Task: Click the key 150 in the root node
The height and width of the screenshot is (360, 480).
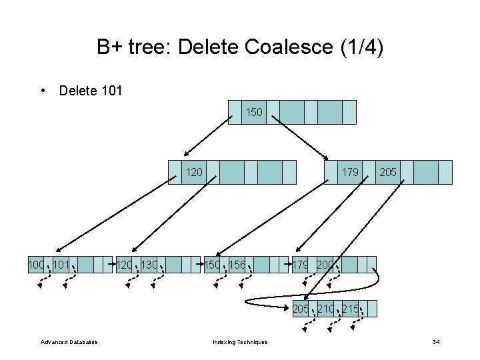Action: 254,112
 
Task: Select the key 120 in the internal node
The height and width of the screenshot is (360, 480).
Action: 194,172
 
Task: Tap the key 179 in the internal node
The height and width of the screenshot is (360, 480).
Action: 350,172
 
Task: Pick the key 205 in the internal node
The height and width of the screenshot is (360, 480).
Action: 388,172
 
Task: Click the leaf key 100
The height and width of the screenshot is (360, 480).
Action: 36,265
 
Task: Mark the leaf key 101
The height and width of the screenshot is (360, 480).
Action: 62,265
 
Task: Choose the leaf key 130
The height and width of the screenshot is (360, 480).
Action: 150,265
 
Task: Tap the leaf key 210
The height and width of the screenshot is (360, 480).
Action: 326,309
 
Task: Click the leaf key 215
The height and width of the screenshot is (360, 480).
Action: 351,309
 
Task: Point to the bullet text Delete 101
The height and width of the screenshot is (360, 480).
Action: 91,90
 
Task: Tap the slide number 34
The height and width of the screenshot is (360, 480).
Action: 436,342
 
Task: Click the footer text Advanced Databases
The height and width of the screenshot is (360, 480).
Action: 69,342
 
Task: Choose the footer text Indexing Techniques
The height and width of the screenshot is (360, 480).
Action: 240,342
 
